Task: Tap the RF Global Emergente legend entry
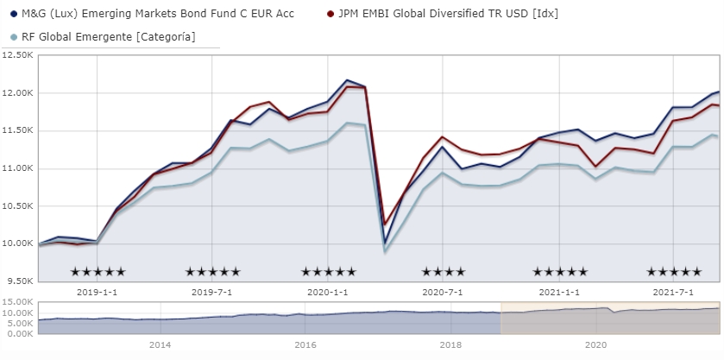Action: (108, 36)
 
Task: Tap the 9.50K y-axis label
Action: (18, 281)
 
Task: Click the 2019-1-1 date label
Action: (98, 293)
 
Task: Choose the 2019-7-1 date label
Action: (213, 293)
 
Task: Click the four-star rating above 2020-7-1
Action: (444, 272)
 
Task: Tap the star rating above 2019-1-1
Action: (98, 272)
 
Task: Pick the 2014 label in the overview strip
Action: (159, 344)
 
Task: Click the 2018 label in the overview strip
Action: (450, 344)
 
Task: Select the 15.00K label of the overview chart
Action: (18, 301)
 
